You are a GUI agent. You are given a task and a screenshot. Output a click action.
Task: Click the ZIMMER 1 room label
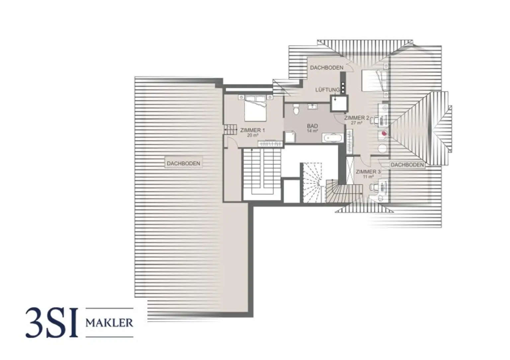(252, 130)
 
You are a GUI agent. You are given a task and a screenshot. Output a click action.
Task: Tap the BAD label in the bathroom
(312, 126)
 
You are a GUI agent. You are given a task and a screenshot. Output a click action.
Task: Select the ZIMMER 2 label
(357, 118)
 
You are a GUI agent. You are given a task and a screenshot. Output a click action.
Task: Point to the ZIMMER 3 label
(368, 172)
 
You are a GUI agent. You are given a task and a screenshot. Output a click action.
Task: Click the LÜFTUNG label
(327, 90)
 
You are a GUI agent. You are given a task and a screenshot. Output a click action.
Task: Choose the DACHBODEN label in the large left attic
(183, 164)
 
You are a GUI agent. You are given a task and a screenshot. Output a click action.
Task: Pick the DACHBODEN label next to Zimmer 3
(407, 165)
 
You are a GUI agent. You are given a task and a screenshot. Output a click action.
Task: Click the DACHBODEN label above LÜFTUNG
(327, 68)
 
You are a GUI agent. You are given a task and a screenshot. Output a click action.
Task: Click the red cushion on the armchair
(384, 133)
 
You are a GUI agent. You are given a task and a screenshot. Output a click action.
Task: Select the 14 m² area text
(312, 131)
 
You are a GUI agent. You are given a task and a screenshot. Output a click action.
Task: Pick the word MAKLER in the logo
(109, 323)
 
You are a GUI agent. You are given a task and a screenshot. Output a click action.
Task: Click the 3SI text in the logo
(51, 322)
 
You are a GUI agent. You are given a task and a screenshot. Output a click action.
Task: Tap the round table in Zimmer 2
(383, 149)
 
